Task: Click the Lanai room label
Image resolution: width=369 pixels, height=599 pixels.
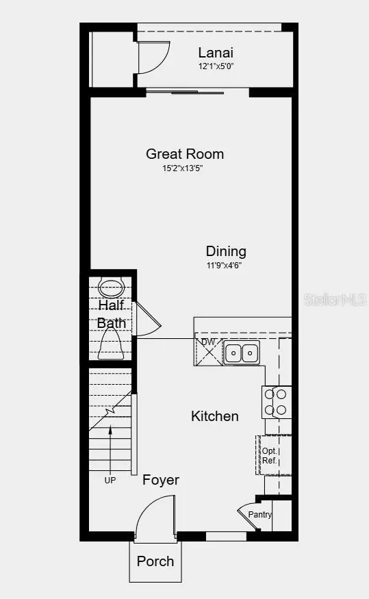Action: pyautogui.click(x=216, y=52)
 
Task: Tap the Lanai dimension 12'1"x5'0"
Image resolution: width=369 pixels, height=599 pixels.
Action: pyautogui.click(x=216, y=66)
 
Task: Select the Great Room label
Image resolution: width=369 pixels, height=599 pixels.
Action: pyautogui.click(x=185, y=154)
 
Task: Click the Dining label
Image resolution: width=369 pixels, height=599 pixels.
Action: pyautogui.click(x=226, y=251)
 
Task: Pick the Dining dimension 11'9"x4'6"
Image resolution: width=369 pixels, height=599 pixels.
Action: pyautogui.click(x=224, y=265)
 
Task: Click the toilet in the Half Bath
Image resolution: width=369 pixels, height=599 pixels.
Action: pyautogui.click(x=110, y=342)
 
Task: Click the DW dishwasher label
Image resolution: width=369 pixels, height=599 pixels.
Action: pyautogui.click(x=208, y=342)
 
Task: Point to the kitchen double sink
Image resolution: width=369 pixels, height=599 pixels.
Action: pyautogui.click(x=242, y=353)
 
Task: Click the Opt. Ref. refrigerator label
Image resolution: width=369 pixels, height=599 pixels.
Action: pyautogui.click(x=269, y=456)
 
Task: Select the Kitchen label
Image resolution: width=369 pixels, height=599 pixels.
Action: pyautogui.click(x=215, y=416)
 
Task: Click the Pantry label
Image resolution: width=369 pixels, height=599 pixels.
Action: pyautogui.click(x=260, y=515)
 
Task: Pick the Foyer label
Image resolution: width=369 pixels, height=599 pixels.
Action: pyautogui.click(x=161, y=480)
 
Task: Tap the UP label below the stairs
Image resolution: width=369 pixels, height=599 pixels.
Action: pyautogui.click(x=110, y=481)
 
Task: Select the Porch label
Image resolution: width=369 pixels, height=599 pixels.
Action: pyautogui.click(x=155, y=561)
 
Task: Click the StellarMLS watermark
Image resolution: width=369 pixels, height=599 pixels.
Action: pyautogui.click(x=336, y=300)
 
